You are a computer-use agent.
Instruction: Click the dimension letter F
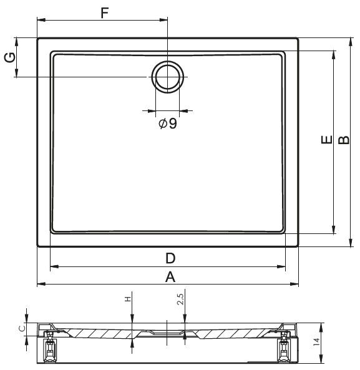pos(105,12)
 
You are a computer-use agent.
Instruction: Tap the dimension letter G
pos(10,57)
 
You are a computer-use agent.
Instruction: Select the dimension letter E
pos(327,139)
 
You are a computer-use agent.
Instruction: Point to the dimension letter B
pos(344,140)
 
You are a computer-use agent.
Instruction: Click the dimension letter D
pos(170,258)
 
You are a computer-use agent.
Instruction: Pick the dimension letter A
pos(170,277)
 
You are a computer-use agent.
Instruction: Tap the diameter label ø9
pos(168,123)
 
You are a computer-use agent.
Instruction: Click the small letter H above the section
pos(128,299)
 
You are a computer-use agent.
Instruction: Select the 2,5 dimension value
pos(180,299)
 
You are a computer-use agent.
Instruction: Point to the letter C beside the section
pos(22,328)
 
